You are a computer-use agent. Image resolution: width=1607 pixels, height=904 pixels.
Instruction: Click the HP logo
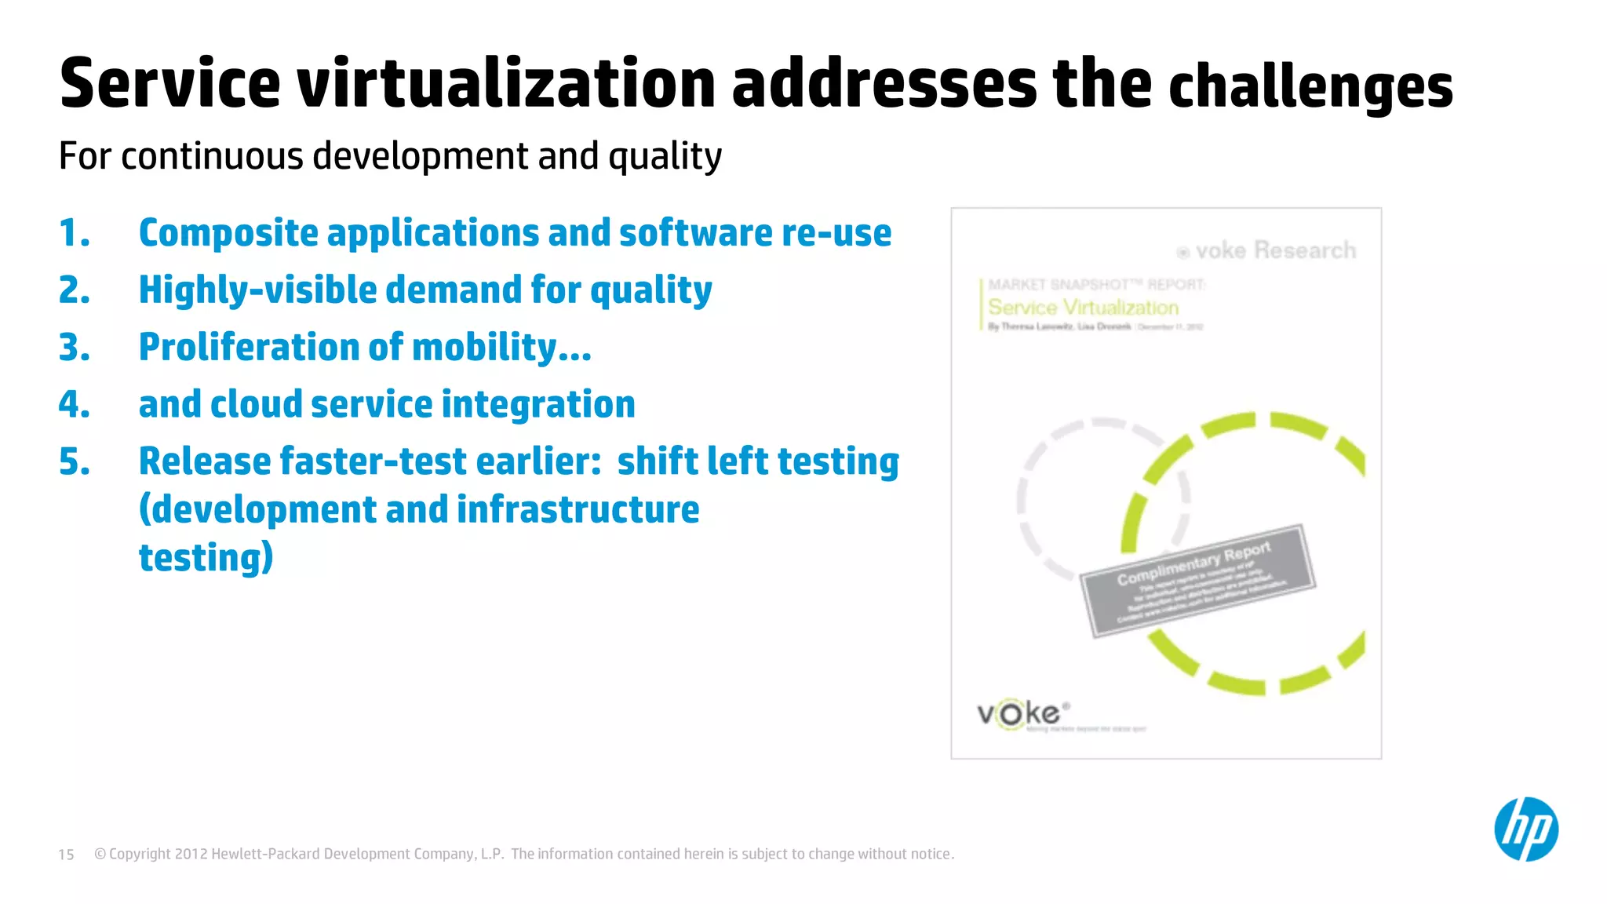click(x=1525, y=829)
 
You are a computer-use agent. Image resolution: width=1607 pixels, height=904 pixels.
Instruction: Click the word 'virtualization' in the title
click(x=506, y=83)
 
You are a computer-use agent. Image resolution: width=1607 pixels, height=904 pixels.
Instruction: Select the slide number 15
click(x=67, y=855)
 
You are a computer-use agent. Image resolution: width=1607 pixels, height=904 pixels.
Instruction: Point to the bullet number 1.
click(x=75, y=233)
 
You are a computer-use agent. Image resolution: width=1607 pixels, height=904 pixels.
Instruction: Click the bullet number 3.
click(x=75, y=348)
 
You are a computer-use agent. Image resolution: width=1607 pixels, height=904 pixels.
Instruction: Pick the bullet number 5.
click(x=75, y=461)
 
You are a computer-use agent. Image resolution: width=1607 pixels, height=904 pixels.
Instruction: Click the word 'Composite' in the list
click(x=228, y=233)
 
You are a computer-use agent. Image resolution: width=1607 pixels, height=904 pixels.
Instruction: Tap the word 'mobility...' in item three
click(x=501, y=348)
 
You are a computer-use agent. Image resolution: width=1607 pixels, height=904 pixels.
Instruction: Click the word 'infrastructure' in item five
click(x=578, y=509)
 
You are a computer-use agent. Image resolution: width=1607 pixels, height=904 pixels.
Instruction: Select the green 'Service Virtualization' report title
click(x=1083, y=308)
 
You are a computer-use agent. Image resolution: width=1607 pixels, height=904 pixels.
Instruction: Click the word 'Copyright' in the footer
click(x=140, y=855)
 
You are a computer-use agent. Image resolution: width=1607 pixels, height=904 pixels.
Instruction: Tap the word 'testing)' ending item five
click(x=206, y=558)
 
